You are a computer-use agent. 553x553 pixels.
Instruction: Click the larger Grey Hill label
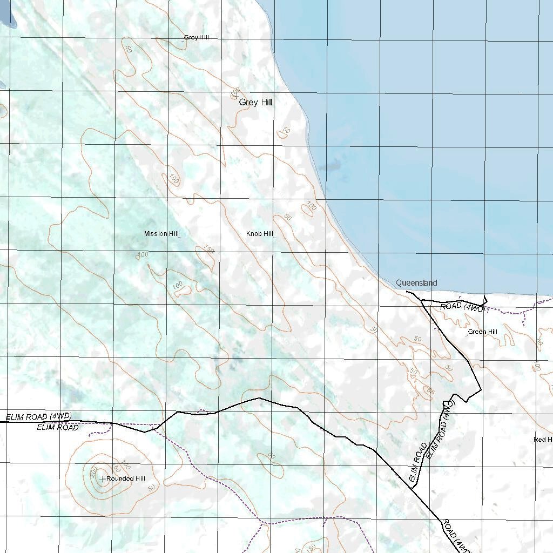255,102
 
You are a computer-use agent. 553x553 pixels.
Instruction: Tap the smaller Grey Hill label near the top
196,37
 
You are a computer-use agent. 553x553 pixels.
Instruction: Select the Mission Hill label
161,234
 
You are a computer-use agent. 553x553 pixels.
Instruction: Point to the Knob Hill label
260,234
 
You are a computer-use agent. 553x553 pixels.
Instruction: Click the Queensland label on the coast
416,282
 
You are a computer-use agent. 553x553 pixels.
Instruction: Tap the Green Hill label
482,332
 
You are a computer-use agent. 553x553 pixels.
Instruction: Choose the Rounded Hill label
126,478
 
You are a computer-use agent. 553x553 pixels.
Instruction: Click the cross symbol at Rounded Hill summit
102,478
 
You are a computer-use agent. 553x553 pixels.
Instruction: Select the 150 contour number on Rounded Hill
115,468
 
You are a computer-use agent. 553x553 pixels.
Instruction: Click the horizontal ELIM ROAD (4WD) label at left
39,416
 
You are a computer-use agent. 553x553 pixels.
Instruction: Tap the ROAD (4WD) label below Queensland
462,306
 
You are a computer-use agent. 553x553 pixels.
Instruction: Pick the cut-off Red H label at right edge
542,440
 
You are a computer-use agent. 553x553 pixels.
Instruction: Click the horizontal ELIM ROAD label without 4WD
57,428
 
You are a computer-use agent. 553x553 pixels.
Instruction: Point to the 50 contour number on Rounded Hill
151,487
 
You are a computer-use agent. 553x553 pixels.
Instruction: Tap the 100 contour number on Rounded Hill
126,464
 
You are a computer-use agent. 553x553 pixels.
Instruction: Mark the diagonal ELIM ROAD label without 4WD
417,462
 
